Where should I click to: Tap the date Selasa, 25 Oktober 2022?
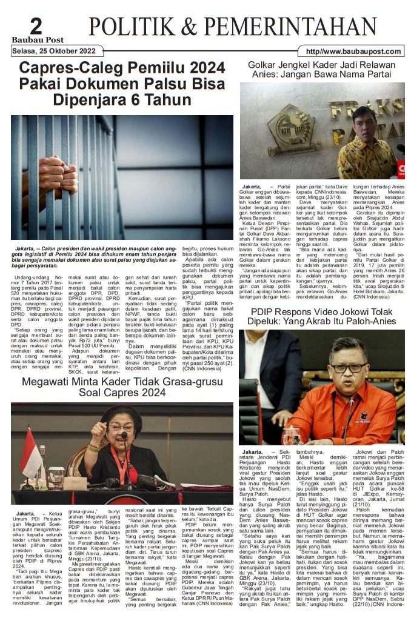54,51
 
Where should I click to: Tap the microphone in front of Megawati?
123,436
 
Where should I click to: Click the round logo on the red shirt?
365,416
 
